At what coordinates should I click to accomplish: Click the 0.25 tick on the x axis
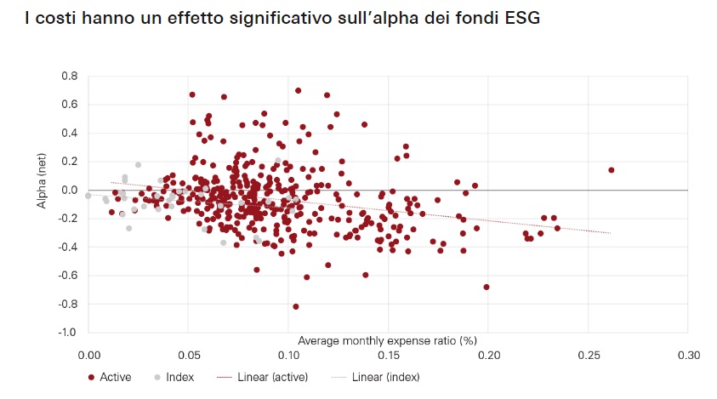coord(589,354)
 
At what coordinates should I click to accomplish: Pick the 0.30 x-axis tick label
coord(688,354)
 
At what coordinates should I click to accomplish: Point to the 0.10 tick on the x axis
coord(288,354)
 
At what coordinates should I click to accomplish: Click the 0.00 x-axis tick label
coord(88,354)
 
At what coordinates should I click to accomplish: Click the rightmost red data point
coord(611,170)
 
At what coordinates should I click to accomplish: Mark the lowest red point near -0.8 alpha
coord(296,306)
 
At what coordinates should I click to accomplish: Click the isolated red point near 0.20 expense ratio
coord(487,287)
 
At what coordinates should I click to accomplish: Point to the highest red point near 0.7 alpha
coord(298,90)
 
